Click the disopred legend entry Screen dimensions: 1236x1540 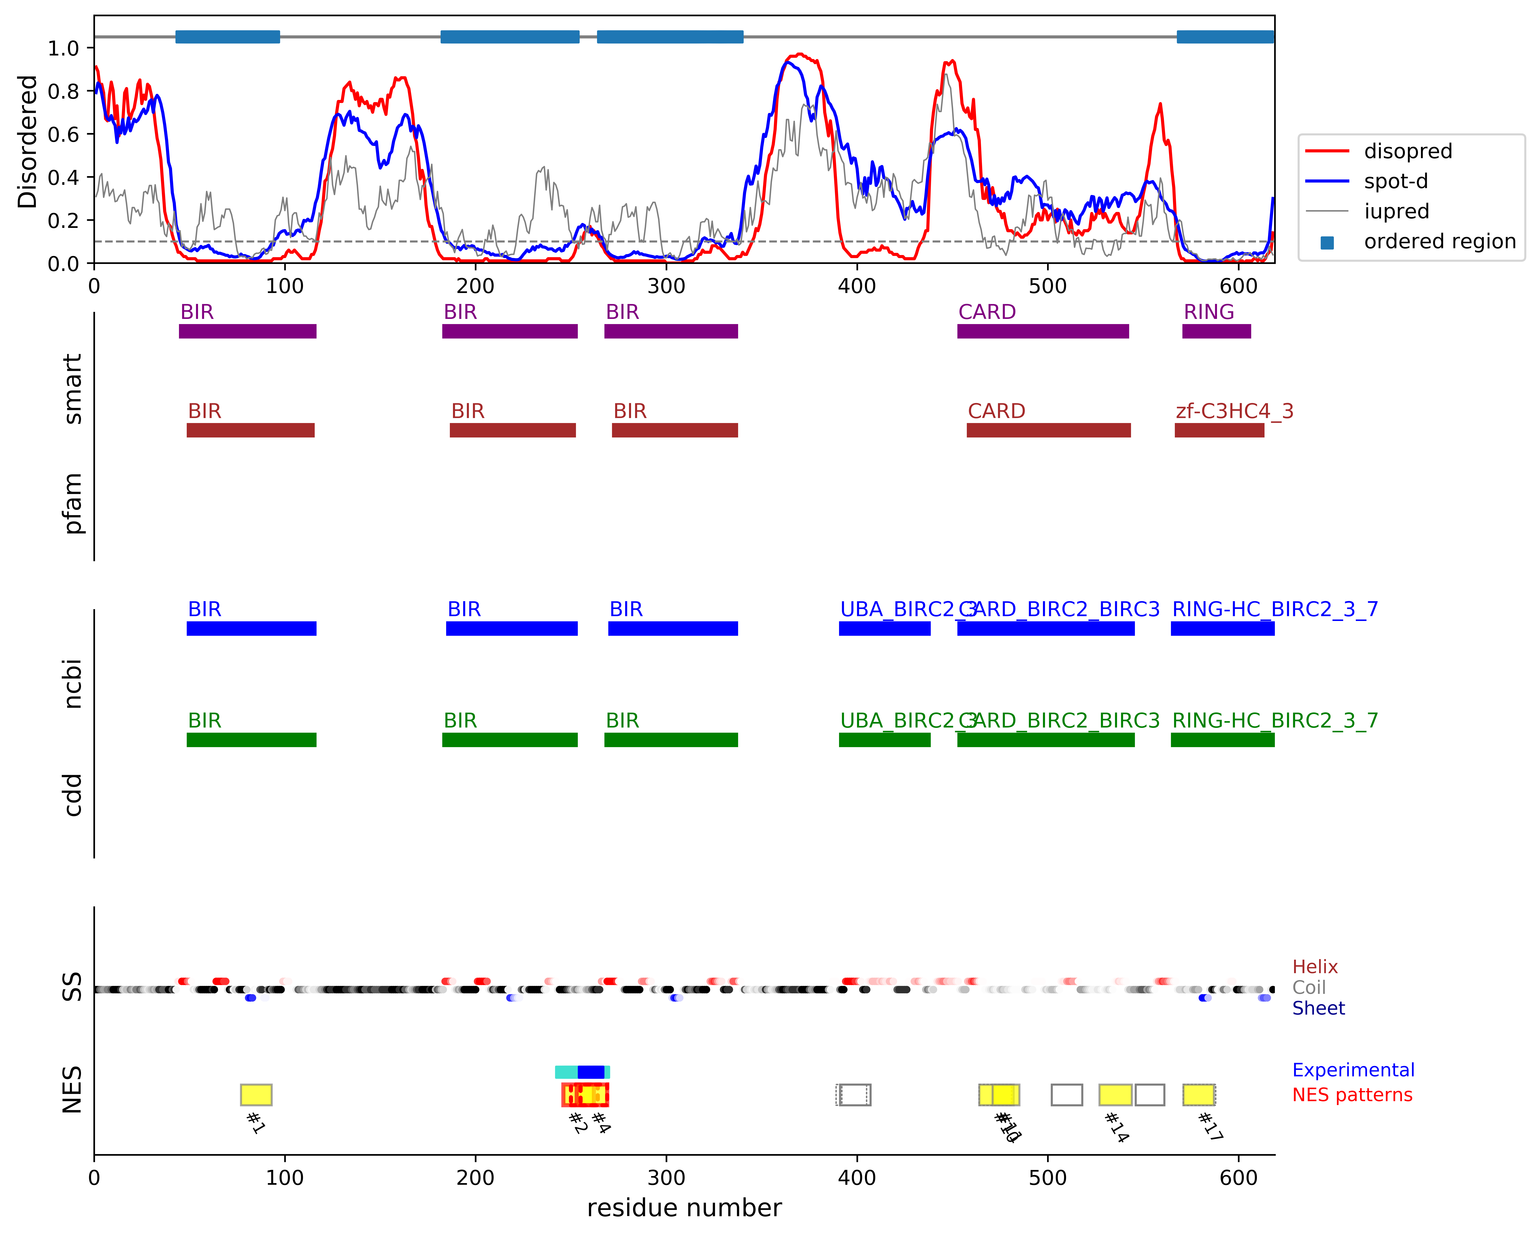[1407, 151]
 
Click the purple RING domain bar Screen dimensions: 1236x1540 [1216, 331]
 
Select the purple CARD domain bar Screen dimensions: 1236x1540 [1043, 331]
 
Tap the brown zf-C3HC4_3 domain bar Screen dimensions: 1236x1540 [1219, 430]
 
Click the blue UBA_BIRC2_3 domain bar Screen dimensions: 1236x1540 [884, 629]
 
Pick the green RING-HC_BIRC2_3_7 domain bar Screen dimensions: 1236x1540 [1222, 740]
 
